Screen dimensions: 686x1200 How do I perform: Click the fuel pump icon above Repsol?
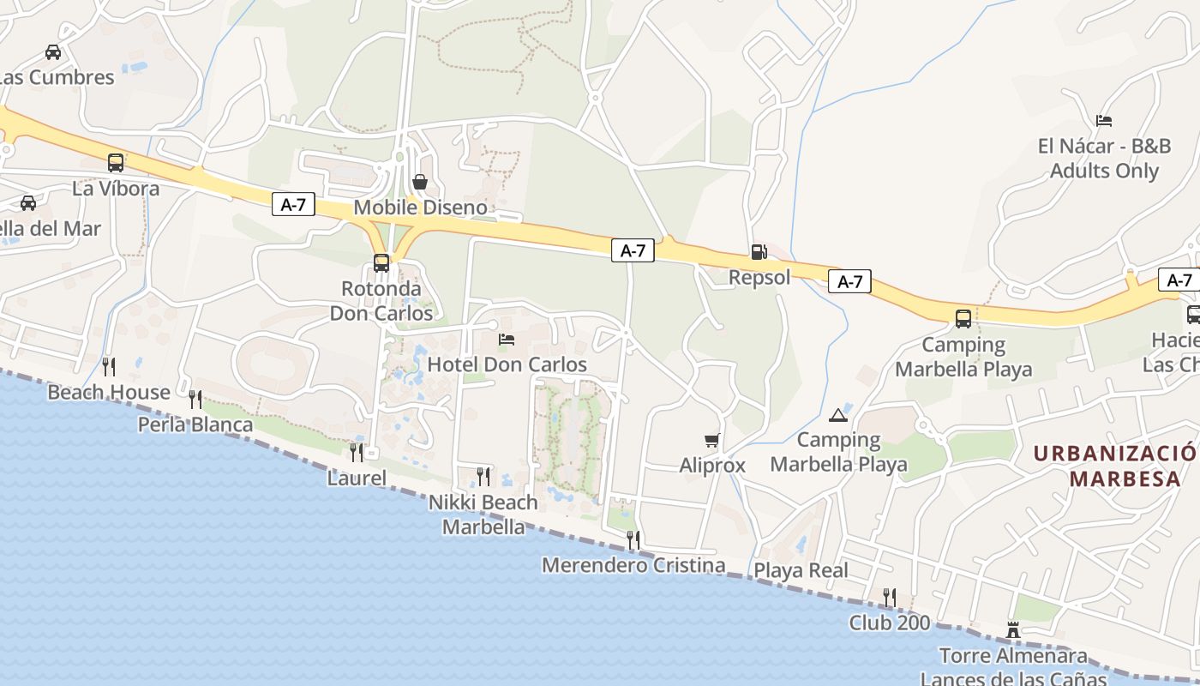[759, 252]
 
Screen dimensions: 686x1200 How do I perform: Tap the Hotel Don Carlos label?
[507, 364]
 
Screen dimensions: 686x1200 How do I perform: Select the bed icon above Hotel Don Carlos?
[507, 340]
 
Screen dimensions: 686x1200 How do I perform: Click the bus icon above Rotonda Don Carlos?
[381, 263]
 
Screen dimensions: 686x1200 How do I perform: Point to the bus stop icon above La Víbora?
[116, 163]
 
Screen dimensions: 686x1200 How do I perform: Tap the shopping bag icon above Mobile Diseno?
[420, 182]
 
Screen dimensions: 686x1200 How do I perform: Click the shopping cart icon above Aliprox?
[711, 441]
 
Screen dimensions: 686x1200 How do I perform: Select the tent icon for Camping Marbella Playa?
[838, 416]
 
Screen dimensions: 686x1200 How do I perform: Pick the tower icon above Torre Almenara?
[1013, 631]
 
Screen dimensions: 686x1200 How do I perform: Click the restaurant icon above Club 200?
[890, 597]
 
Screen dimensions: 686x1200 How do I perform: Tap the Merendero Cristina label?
[633, 565]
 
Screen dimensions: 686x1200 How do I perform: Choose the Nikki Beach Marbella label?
[483, 514]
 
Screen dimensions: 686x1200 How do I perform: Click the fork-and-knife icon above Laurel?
[356, 452]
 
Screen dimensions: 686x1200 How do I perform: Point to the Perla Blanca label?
[195, 424]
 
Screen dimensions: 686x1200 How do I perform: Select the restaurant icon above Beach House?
[109, 367]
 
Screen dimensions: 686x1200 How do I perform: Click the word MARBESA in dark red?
[1125, 478]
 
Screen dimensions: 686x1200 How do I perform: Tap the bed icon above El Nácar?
[1104, 121]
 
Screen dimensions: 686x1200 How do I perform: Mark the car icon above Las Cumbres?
[53, 52]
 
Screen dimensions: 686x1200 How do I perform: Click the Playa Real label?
[801, 570]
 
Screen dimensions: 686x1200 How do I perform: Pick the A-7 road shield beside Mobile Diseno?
[293, 204]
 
